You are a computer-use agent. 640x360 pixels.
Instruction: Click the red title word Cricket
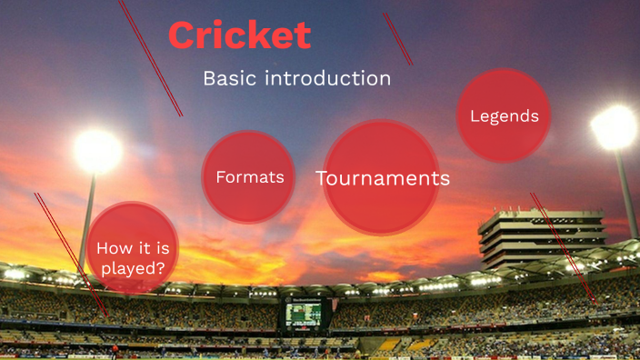pos(239,36)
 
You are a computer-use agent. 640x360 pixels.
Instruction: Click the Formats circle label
pos(249,177)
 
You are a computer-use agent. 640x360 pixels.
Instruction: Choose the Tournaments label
pos(383,178)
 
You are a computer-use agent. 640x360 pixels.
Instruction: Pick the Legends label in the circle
pos(504,116)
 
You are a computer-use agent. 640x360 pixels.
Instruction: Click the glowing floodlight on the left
pos(97,151)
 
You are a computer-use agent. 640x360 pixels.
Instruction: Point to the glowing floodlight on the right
pos(615,128)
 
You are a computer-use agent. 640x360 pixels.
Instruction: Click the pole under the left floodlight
pos(89,218)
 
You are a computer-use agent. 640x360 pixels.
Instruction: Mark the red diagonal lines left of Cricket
pos(150,56)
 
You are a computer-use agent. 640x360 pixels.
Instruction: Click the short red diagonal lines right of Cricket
pos(397,38)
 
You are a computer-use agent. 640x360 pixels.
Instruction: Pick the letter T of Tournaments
pos(322,178)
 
